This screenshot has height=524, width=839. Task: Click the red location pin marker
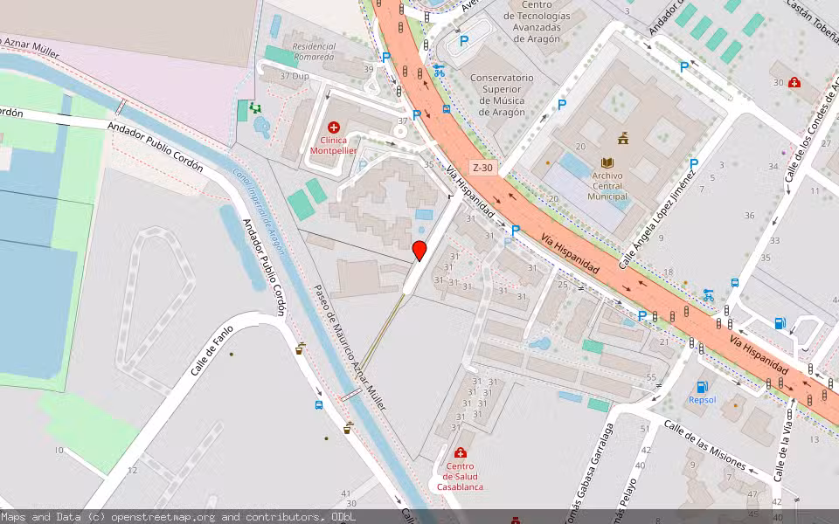pyautogui.click(x=419, y=251)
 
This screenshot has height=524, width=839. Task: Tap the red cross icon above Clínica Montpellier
pyautogui.click(x=334, y=128)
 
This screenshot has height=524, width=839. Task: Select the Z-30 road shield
pyautogui.click(x=482, y=167)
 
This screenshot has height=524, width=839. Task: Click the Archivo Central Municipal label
pyautogui.click(x=607, y=186)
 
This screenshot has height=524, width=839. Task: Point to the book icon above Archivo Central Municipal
pyautogui.click(x=607, y=162)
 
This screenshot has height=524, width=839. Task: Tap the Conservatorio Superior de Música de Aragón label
pyautogui.click(x=501, y=94)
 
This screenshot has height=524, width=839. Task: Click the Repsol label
pyautogui.click(x=702, y=400)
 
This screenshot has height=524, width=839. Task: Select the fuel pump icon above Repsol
pyautogui.click(x=701, y=386)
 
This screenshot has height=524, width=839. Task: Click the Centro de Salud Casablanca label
pyautogui.click(x=461, y=476)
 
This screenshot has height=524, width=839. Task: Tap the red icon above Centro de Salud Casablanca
pyautogui.click(x=461, y=453)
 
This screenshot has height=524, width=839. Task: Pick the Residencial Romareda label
pyautogui.click(x=314, y=52)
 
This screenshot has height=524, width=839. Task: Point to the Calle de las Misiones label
pyautogui.click(x=704, y=445)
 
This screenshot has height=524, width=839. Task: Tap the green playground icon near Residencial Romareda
pyautogui.click(x=254, y=107)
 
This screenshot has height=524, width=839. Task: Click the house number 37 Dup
pyautogui.click(x=295, y=76)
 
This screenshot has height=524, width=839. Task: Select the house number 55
pyautogui.click(x=650, y=376)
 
